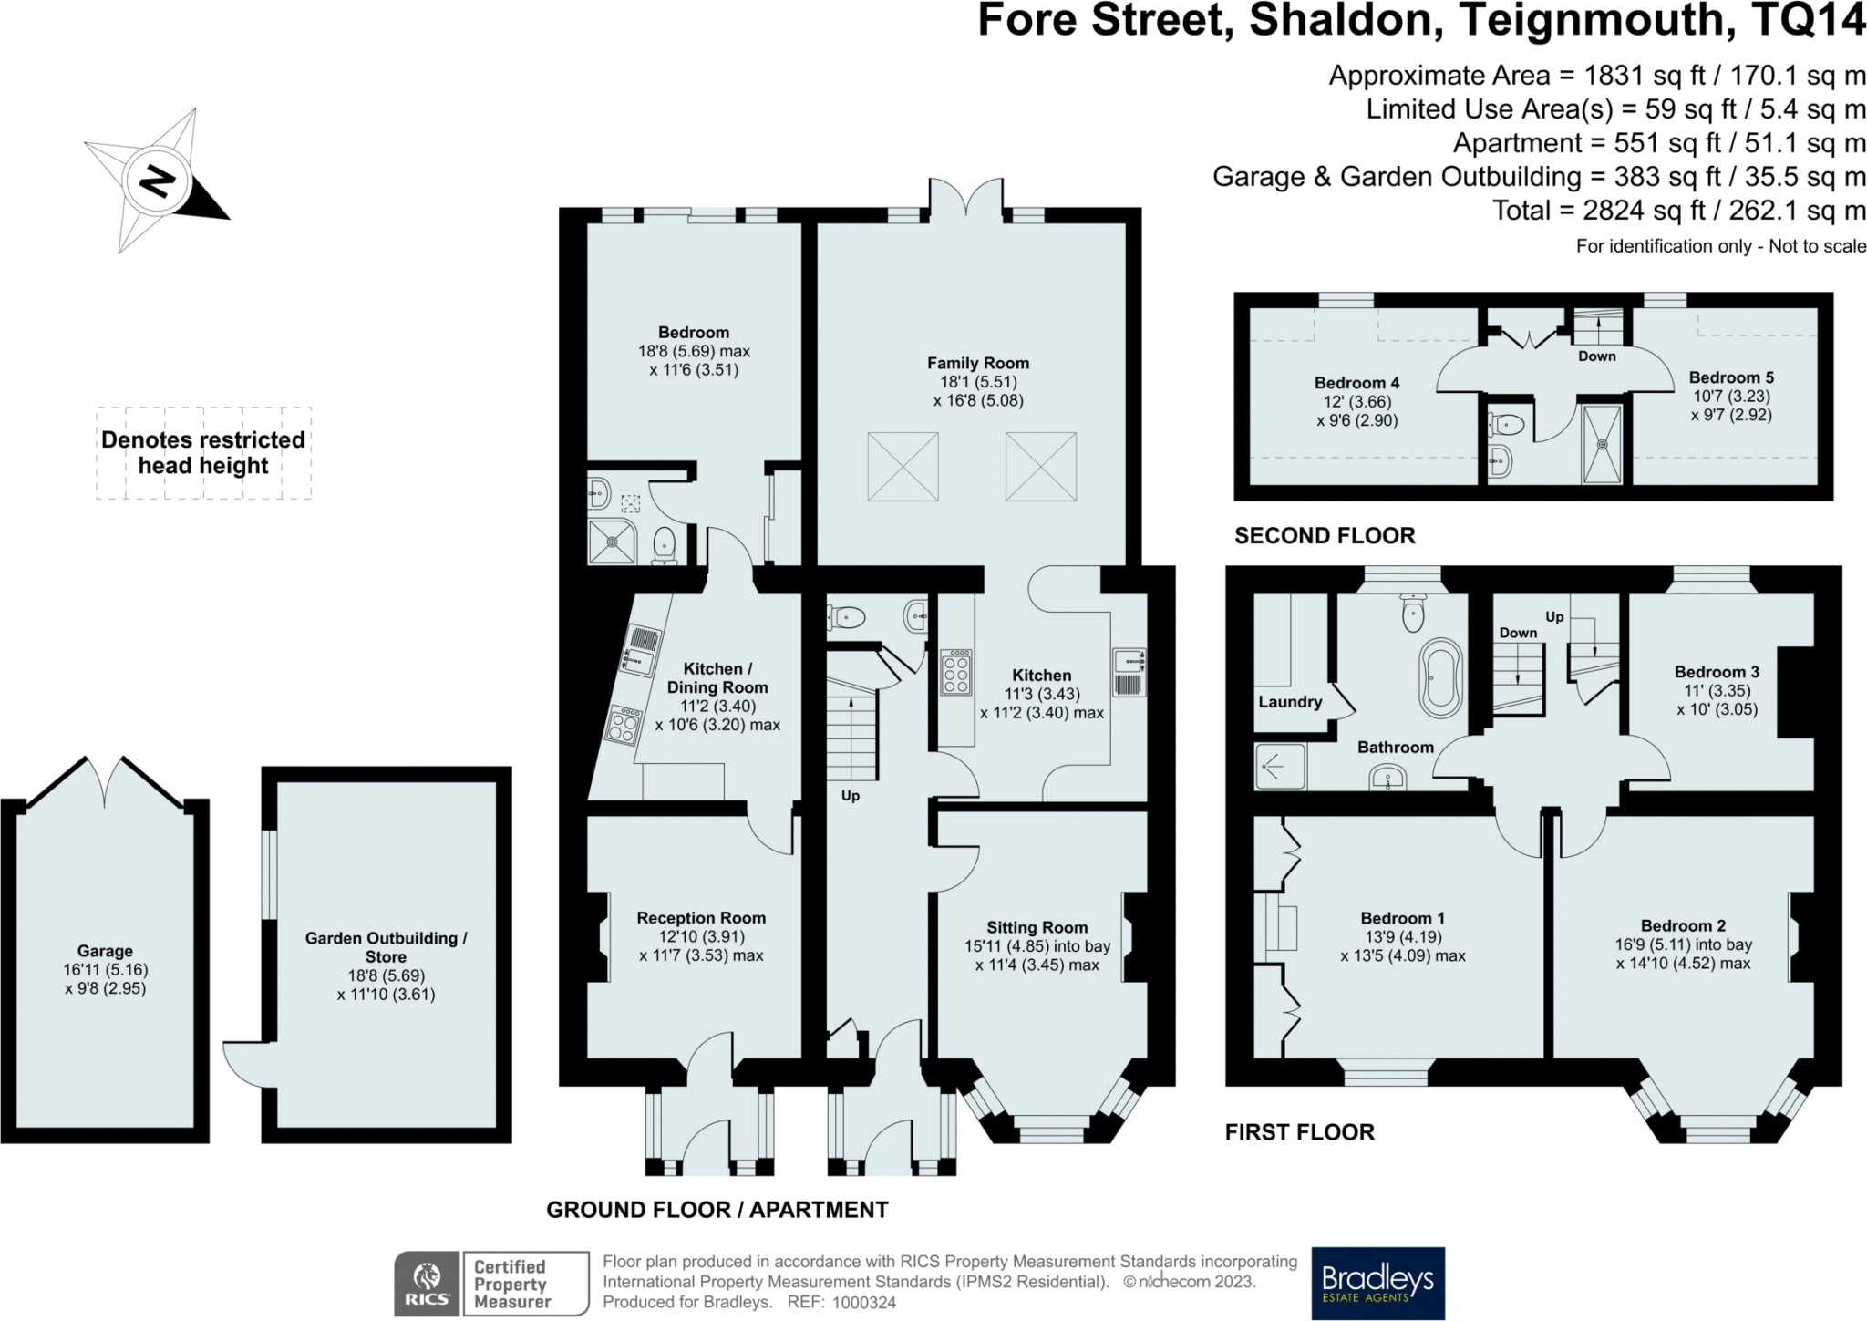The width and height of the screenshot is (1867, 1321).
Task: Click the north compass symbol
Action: (157, 181)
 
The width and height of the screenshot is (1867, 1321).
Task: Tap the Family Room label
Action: (978, 363)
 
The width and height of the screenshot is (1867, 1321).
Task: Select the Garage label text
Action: (105, 951)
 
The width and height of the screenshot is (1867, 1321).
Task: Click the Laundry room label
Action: (1290, 702)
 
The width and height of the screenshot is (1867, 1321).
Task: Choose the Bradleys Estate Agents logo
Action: (1377, 1283)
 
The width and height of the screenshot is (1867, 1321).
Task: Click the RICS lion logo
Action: (427, 1283)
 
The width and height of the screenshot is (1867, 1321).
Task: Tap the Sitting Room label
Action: (1037, 927)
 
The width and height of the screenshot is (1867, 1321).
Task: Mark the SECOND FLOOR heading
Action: (1325, 535)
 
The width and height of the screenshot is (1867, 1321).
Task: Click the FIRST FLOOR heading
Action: (1299, 1132)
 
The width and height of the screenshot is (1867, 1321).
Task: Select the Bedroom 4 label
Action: (1356, 383)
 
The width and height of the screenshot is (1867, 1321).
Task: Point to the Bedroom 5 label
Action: (1731, 377)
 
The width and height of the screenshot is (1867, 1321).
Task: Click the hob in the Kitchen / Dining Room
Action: (624, 726)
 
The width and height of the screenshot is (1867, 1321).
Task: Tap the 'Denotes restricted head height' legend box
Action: (203, 453)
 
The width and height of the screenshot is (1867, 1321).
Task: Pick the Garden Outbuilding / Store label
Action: (386, 947)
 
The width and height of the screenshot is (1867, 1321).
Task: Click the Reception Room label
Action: (701, 918)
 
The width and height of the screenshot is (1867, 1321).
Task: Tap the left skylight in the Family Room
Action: (903, 467)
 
